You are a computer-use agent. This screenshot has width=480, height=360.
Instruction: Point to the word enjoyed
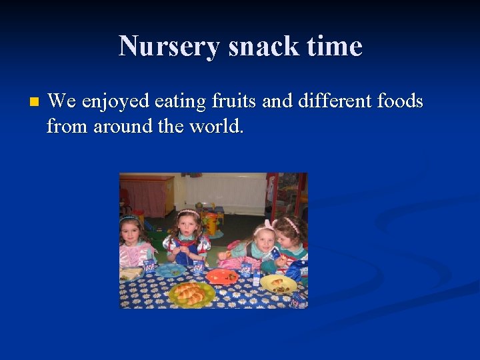(115, 102)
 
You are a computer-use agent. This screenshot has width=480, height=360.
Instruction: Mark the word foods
(400, 101)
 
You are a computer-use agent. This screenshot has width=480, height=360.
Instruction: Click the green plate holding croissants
(192, 293)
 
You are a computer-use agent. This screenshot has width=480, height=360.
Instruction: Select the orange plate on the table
(221, 276)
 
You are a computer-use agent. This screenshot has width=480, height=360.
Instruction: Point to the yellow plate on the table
(279, 284)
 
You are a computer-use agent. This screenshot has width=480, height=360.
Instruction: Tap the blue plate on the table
(171, 270)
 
